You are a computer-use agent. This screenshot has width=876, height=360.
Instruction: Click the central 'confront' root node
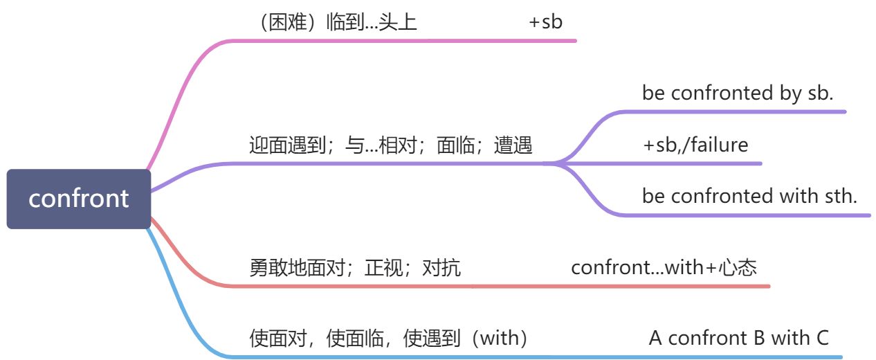(x=79, y=199)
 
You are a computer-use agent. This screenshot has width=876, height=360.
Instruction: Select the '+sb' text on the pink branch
(x=546, y=22)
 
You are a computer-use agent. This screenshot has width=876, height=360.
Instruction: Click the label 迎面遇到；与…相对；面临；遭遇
(x=390, y=145)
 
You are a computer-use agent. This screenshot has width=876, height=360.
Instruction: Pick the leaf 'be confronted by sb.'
(x=738, y=93)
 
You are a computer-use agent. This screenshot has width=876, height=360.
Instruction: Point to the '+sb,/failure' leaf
(x=695, y=145)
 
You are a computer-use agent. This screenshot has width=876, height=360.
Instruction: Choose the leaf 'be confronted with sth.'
(x=749, y=197)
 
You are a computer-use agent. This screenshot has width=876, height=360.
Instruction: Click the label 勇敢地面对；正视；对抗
(x=355, y=268)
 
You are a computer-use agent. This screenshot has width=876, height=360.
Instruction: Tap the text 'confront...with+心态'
(x=664, y=268)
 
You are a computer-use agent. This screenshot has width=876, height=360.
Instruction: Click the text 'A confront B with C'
(x=738, y=339)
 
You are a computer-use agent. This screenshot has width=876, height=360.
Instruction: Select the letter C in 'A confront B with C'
(x=821, y=339)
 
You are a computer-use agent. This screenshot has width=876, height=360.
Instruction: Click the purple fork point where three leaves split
(x=554, y=163)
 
